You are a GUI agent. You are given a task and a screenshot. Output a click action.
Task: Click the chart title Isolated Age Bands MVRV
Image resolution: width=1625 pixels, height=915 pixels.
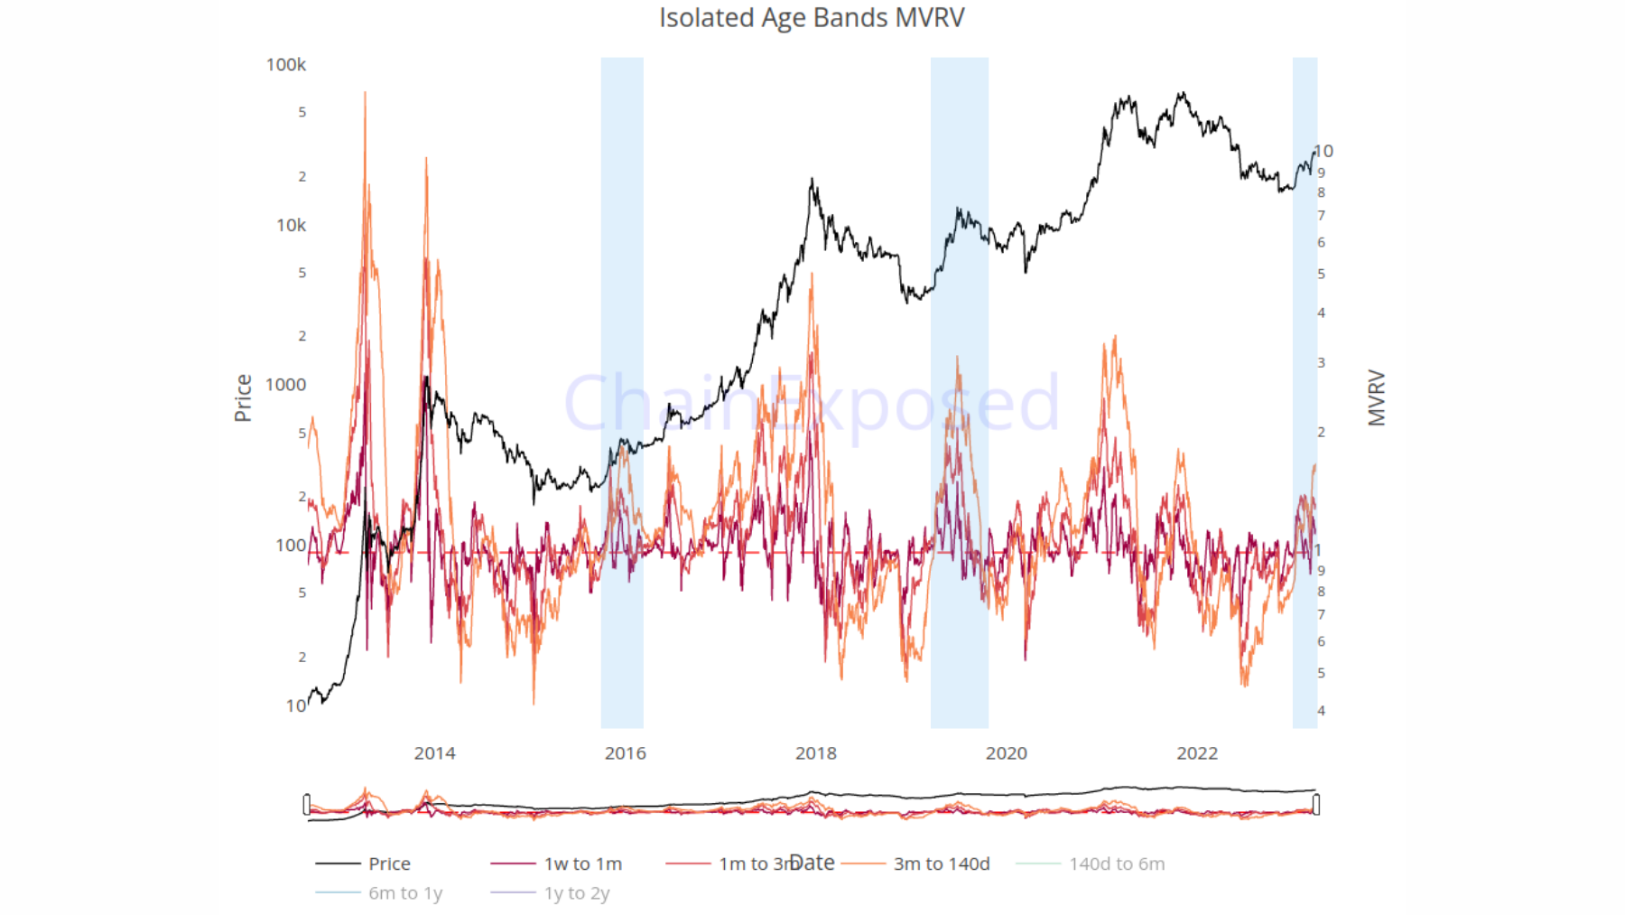click(x=812, y=18)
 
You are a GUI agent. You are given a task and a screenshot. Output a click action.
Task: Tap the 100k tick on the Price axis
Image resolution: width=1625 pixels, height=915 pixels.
click(x=286, y=65)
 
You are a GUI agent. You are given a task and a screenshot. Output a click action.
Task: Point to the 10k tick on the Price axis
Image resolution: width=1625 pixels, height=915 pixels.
click(x=291, y=226)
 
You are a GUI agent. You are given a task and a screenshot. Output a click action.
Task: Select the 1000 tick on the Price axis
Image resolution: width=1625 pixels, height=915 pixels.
click(x=286, y=385)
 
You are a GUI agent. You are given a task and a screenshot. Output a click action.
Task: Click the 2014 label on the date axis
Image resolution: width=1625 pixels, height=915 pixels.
click(x=434, y=753)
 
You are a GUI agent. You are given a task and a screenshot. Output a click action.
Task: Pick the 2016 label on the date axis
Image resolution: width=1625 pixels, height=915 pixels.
click(x=625, y=753)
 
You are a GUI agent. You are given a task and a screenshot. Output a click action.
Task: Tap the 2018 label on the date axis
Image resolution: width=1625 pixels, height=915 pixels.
click(x=815, y=753)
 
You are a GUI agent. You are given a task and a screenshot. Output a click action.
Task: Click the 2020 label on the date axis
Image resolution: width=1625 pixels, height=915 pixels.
click(x=1006, y=753)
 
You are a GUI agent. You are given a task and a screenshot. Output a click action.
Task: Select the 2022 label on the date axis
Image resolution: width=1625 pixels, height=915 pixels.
click(x=1196, y=753)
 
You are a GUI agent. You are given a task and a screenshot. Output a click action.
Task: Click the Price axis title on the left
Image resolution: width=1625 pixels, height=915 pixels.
click(x=243, y=397)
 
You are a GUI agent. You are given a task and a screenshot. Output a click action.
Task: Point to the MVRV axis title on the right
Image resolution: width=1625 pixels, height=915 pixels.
click(x=1376, y=397)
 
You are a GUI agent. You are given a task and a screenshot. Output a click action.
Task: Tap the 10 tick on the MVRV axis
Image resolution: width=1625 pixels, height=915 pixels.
click(x=1323, y=151)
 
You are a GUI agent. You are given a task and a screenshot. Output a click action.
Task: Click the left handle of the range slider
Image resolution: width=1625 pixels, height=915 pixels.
click(x=307, y=804)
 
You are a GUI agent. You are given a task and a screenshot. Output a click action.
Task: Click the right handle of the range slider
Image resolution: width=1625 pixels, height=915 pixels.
click(x=1316, y=804)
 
